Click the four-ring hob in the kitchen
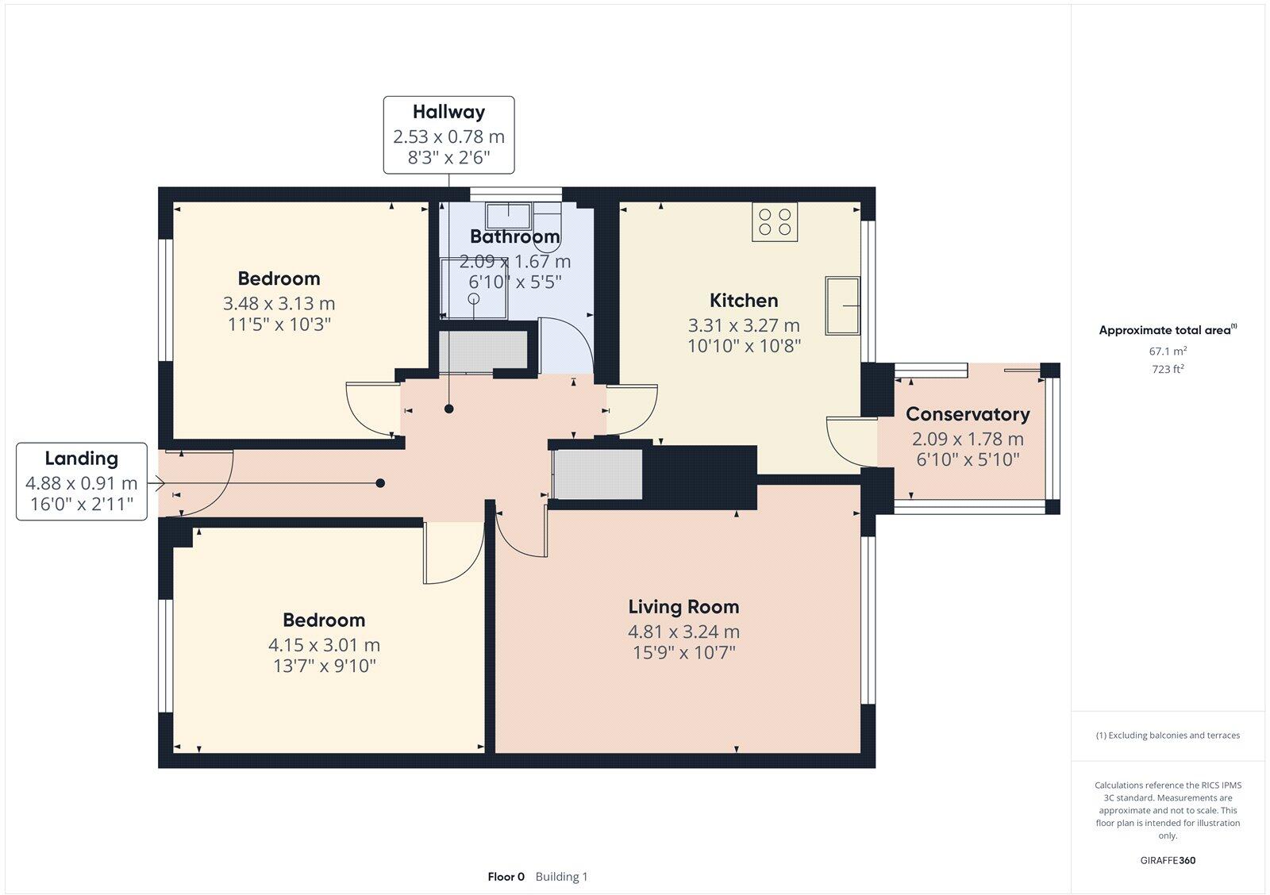click(x=775, y=221)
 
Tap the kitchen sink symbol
click(x=842, y=305)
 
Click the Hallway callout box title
click(x=448, y=112)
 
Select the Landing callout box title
click(x=81, y=458)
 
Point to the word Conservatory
click(x=968, y=414)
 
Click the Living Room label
click(x=683, y=607)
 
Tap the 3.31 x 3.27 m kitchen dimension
click(x=744, y=325)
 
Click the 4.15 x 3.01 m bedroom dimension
click(x=324, y=645)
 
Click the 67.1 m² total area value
click(x=1168, y=351)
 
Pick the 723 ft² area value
click(x=1168, y=369)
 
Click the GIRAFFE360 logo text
click(x=1168, y=860)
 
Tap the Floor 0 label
click(x=506, y=877)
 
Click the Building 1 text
click(x=561, y=877)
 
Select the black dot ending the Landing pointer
click(x=381, y=482)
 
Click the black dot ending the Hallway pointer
click(x=449, y=409)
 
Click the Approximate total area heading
click(x=1164, y=331)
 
